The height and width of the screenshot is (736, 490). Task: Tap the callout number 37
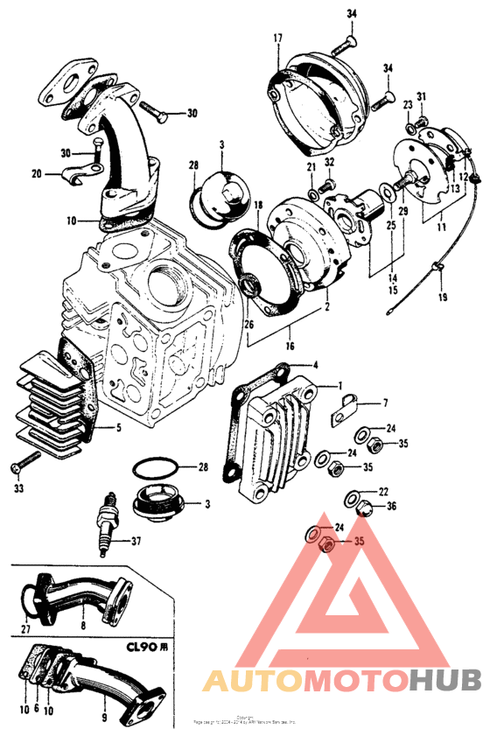(136, 540)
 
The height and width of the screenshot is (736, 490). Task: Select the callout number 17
(277, 38)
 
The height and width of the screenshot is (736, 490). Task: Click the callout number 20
(36, 173)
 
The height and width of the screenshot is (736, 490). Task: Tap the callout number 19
(444, 298)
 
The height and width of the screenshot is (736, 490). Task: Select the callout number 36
(390, 506)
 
